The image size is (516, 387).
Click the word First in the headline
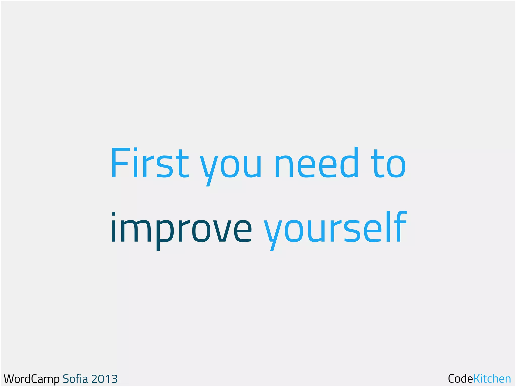150,163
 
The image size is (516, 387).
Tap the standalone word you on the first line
231,166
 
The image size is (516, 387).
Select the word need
316,163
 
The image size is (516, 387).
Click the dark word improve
181,228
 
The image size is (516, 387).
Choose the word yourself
335,228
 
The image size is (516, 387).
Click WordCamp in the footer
31,379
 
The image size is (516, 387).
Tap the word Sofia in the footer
75,379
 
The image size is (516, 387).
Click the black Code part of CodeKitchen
460,378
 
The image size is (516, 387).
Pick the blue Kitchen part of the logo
492,378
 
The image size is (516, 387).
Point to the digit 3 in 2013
114,379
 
